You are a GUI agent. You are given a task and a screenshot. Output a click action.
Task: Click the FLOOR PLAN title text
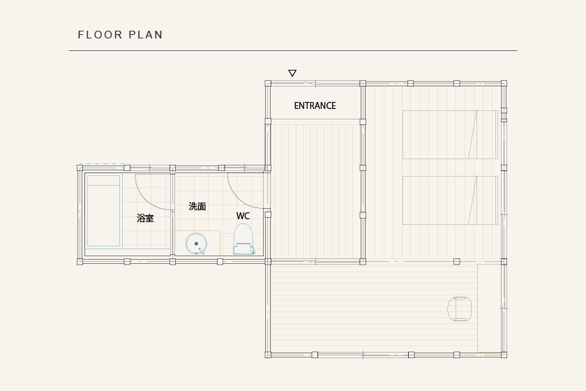[x=120, y=35]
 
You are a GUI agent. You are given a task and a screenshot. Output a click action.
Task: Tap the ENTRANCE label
[x=315, y=106]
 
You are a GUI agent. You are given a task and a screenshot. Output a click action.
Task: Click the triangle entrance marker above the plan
[x=292, y=73]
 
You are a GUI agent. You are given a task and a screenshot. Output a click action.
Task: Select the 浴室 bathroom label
[x=145, y=218]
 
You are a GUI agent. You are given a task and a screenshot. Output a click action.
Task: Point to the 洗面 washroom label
[x=197, y=206]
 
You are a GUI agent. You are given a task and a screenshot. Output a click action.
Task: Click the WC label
[x=243, y=216]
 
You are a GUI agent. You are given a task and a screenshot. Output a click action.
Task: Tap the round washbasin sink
[x=196, y=244]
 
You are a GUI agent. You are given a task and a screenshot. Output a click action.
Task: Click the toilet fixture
[x=243, y=239]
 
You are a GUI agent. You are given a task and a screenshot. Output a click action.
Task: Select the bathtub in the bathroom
[x=103, y=211]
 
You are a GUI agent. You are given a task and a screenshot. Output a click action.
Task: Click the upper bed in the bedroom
[x=450, y=135]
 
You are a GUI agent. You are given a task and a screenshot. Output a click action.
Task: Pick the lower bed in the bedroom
[x=450, y=200]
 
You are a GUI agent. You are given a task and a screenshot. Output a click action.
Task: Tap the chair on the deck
[x=459, y=309]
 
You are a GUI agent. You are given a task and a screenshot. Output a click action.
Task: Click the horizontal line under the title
[x=293, y=50]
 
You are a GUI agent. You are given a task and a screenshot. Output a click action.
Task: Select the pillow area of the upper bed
[x=485, y=135]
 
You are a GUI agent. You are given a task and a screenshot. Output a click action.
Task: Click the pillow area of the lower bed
[x=485, y=200]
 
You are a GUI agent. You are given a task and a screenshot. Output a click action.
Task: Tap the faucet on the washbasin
[x=202, y=251]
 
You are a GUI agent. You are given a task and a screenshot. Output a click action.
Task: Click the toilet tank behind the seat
[x=243, y=249]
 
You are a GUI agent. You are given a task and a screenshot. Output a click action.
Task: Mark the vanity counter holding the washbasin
[x=197, y=243]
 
